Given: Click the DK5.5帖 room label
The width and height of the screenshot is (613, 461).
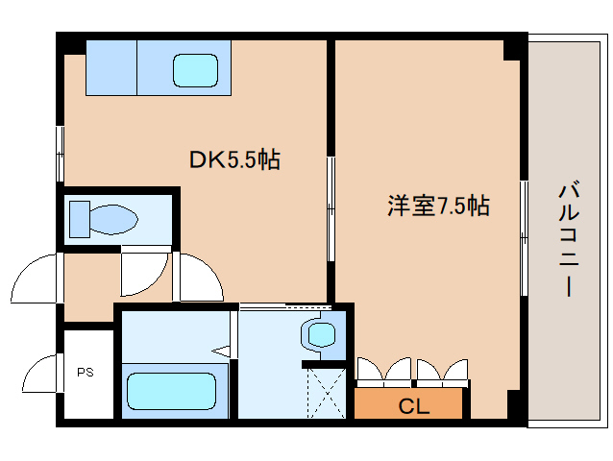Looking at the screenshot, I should click(233, 160).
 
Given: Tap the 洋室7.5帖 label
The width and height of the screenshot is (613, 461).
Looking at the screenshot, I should click(438, 206).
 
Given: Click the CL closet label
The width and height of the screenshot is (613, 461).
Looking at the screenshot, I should click(412, 406).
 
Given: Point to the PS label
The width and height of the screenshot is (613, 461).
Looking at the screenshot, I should click(85, 372).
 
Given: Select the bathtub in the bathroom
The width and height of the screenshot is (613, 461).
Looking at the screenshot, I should click(172, 392).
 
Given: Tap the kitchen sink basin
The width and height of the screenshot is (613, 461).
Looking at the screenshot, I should click(196, 69).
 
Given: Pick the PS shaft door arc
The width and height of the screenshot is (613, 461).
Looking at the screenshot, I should click(40, 374).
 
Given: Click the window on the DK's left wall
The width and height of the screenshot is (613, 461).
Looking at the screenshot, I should click(60, 152).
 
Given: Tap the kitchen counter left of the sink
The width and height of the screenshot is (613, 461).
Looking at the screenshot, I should click(111, 67).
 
